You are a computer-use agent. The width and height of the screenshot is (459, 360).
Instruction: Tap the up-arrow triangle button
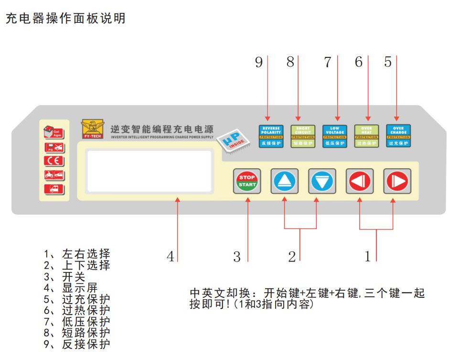[x=285, y=181]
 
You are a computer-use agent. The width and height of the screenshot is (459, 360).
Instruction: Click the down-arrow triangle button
[x=322, y=181]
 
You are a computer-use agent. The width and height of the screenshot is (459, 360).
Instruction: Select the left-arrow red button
[x=360, y=181]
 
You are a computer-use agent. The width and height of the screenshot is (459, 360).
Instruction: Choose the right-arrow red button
[x=397, y=181]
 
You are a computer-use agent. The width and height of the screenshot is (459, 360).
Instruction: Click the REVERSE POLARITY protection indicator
[x=271, y=136]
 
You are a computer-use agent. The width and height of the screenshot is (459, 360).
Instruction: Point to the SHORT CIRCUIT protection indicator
[x=303, y=136]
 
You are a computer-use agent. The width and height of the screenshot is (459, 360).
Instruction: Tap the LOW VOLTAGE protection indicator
[x=335, y=136]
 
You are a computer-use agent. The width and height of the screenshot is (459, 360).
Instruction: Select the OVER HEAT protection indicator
[x=366, y=136]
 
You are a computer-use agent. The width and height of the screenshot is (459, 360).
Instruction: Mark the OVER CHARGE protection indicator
[x=398, y=136]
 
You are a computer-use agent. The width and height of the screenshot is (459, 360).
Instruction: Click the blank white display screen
[x=149, y=171]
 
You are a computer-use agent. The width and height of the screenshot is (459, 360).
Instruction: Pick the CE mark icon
[x=53, y=161]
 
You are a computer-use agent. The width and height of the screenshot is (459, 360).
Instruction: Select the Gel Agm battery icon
[x=53, y=131]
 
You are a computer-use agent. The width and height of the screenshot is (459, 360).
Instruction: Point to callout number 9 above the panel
[x=259, y=62]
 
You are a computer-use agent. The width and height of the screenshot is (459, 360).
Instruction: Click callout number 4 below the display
[x=171, y=257]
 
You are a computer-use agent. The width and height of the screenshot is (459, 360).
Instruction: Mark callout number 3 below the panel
[x=237, y=257]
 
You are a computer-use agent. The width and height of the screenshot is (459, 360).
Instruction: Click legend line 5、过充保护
[x=77, y=300]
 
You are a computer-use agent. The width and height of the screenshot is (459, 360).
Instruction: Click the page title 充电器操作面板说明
[x=65, y=19]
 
